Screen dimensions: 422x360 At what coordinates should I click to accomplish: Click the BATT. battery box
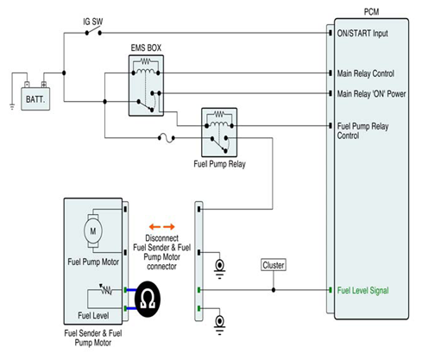coord(35,99)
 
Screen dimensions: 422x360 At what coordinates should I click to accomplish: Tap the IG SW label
coord(92,22)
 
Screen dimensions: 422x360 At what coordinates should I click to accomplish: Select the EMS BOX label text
coord(146,47)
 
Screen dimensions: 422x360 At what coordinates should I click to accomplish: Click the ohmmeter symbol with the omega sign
coord(148,299)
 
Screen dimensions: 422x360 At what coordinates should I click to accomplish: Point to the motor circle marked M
coord(93,231)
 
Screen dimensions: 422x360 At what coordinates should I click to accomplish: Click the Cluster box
coord(274,265)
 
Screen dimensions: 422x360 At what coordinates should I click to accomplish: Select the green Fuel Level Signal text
coord(362,290)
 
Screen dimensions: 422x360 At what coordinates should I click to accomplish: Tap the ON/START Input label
coord(362,34)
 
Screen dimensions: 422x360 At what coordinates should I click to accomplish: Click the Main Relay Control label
coord(366,73)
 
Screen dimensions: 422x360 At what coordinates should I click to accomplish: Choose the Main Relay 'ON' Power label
coord(371,94)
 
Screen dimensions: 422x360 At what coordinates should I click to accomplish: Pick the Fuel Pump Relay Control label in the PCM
coord(362,130)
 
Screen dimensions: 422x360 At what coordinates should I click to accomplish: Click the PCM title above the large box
coord(371,12)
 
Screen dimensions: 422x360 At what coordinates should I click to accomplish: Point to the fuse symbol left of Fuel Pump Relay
coord(167,138)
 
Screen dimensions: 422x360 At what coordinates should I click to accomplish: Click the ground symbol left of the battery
coord(12,107)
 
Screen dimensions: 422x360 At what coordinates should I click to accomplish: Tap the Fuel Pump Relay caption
coord(219,164)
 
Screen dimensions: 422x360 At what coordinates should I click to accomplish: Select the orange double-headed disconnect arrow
coord(162,227)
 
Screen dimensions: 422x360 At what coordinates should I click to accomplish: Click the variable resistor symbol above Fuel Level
coord(106,290)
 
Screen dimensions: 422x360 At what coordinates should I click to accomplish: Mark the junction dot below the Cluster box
coord(274,290)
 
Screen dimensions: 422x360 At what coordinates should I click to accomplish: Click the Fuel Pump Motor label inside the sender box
coord(93,262)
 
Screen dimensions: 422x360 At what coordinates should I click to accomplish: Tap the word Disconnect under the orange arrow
coord(161,238)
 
